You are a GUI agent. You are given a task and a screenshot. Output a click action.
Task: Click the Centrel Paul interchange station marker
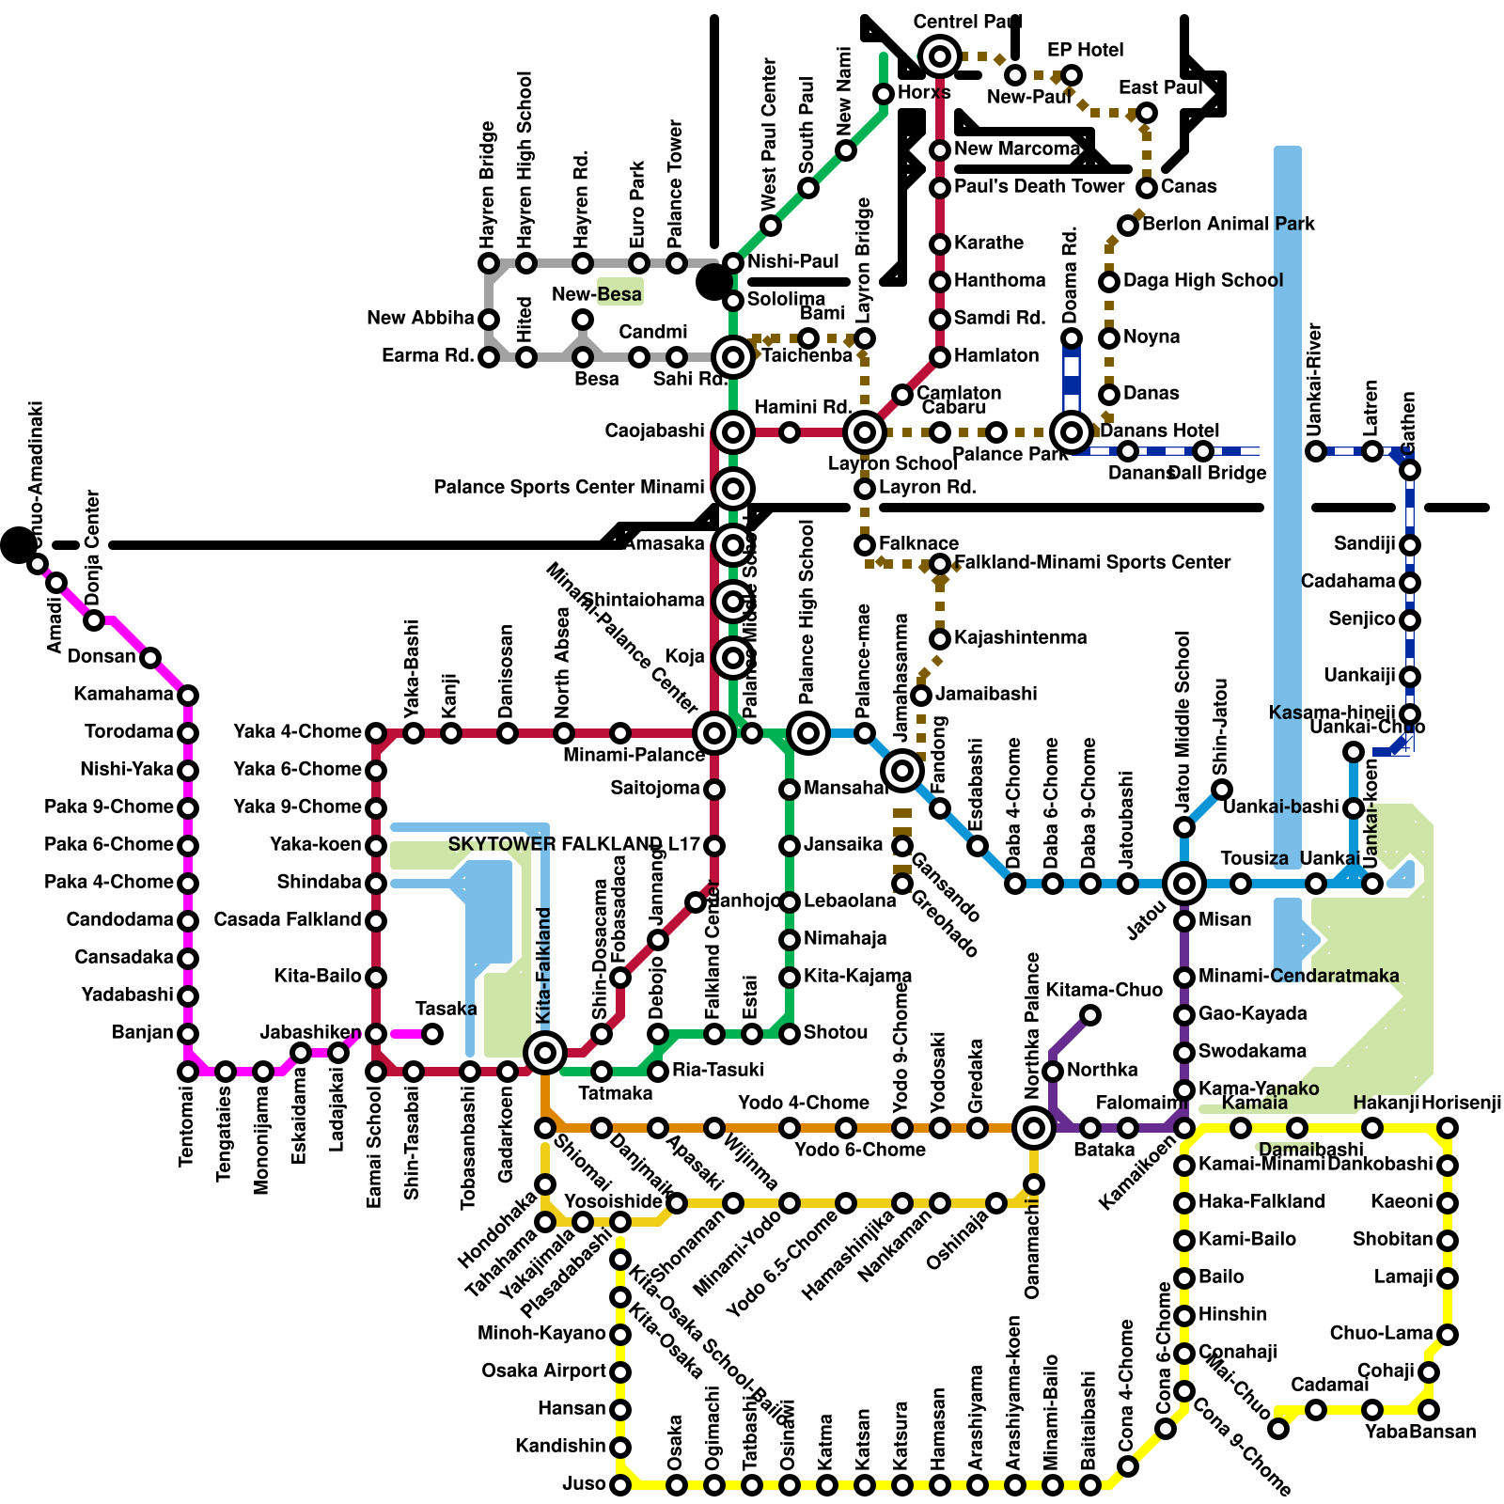tap(940, 56)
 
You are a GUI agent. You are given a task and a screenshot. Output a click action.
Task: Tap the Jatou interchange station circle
tap(1183, 884)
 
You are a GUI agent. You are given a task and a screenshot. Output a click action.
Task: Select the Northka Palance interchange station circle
tap(1034, 1127)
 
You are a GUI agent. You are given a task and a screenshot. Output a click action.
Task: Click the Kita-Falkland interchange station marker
tap(544, 1052)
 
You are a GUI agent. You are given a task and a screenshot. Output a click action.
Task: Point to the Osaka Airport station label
tap(543, 1371)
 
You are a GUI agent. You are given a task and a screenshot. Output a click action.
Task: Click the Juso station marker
tap(620, 1485)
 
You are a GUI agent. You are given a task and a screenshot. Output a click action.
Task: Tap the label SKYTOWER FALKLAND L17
tap(573, 844)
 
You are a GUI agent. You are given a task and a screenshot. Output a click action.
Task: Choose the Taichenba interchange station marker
tap(733, 356)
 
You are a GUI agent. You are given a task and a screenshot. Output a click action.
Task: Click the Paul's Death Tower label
tap(1039, 187)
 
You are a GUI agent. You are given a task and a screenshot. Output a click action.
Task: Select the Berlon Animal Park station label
tap(1229, 225)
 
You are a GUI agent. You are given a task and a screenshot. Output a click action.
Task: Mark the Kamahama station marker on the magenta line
tap(188, 696)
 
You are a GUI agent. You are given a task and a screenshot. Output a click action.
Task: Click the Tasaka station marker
tap(432, 1034)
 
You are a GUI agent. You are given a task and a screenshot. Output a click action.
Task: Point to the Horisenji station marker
tap(1448, 1128)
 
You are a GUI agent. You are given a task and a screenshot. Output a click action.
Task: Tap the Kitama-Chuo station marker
tap(1090, 1015)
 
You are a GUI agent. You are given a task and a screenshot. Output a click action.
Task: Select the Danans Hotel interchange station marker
tap(1071, 432)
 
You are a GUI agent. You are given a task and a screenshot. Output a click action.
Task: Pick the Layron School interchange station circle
tap(865, 432)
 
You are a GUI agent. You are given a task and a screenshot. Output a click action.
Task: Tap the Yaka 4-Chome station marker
tap(376, 733)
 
